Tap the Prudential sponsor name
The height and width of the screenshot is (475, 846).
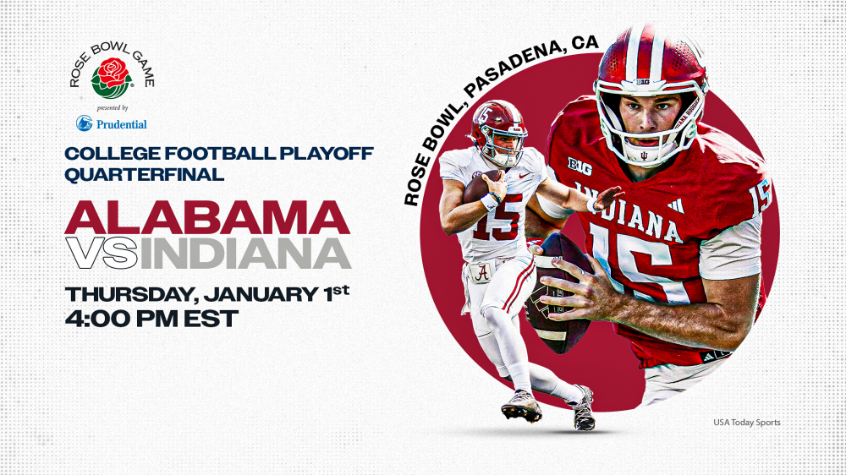click(120, 124)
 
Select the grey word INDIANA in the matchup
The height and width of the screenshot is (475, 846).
click(244, 253)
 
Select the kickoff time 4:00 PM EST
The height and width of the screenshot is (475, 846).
click(152, 319)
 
